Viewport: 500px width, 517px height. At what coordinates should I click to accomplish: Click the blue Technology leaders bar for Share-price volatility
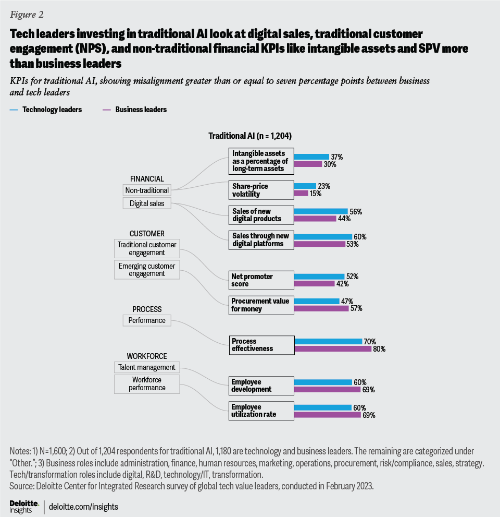tap(305, 186)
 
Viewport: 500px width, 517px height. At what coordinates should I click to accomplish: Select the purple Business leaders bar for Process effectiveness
tap(333, 349)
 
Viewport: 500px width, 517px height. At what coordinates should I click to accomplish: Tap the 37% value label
tap(336, 157)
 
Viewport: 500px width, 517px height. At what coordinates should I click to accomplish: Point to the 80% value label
tap(379, 349)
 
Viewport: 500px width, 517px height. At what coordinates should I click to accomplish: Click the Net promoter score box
tap(260, 280)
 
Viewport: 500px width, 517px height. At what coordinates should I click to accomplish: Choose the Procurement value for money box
tap(260, 305)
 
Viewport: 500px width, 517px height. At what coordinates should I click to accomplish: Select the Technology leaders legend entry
tap(52, 110)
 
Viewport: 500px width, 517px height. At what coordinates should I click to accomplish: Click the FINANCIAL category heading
tap(147, 179)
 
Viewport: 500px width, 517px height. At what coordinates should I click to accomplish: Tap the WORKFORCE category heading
tap(147, 356)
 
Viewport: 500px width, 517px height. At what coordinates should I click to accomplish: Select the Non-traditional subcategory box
tap(147, 190)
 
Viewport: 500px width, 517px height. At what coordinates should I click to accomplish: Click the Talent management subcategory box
tap(147, 367)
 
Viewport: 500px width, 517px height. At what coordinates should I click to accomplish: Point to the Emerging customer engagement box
tap(146, 270)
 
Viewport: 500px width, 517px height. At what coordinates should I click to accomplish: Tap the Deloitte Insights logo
tap(24, 506)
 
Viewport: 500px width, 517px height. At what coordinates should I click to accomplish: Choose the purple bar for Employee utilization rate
tap(328, 415)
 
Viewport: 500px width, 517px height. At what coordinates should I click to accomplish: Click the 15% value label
tap(316, 194)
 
